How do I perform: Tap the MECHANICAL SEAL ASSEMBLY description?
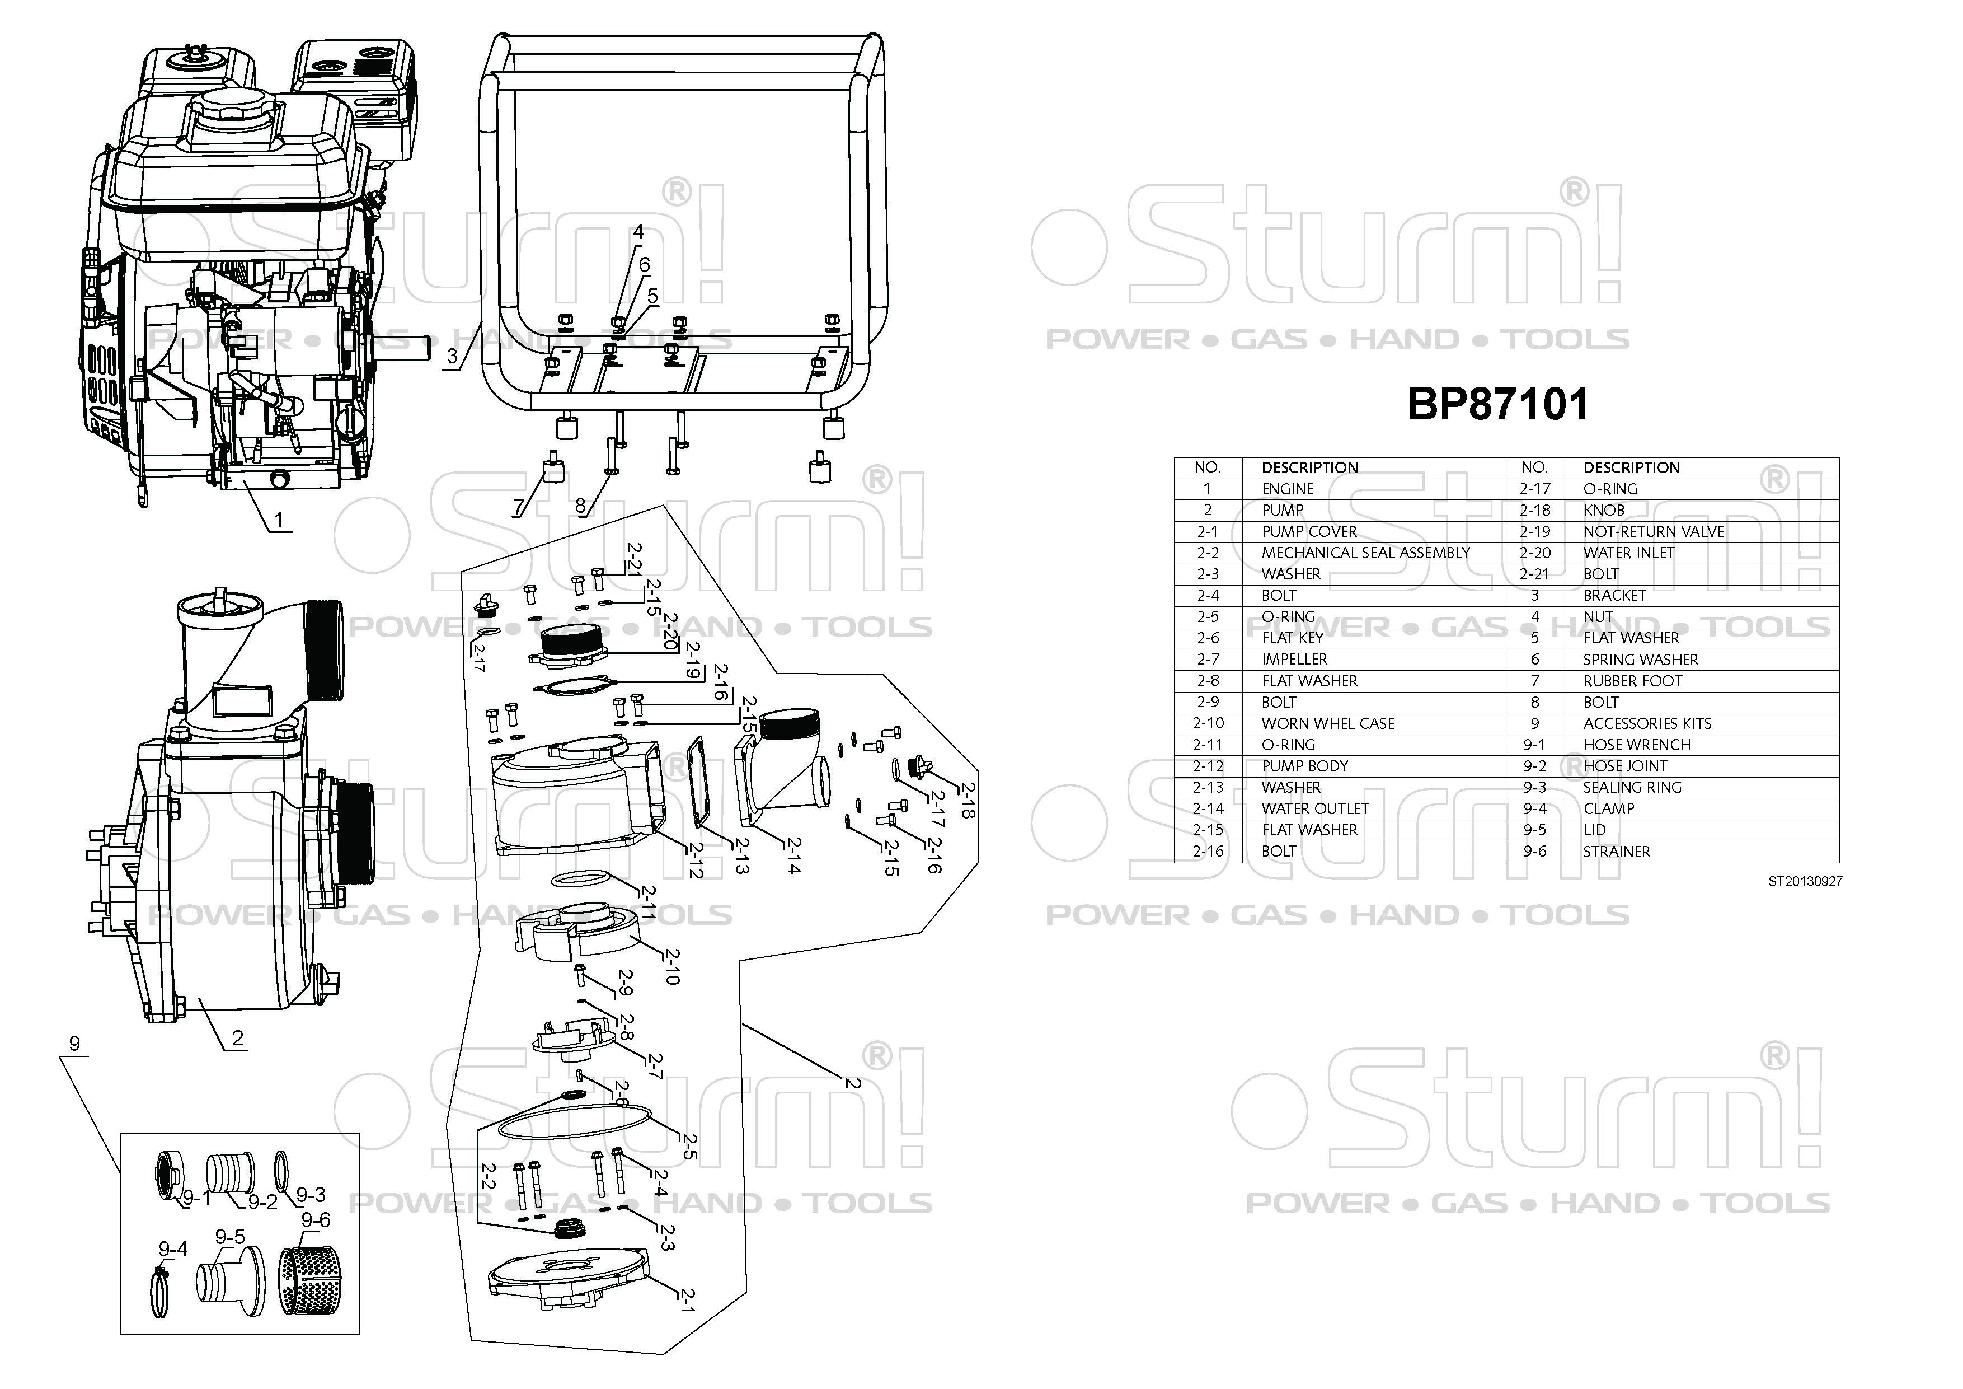pos(1365,553)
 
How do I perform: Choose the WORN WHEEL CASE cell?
pos(1328,723)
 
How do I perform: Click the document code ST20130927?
pos(1805,882)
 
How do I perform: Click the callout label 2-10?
pos(672,966)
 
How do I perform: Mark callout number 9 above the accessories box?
pos(74,1044)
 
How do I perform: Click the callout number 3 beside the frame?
pos(452,356)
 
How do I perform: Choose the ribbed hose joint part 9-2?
pos(228,1172)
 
